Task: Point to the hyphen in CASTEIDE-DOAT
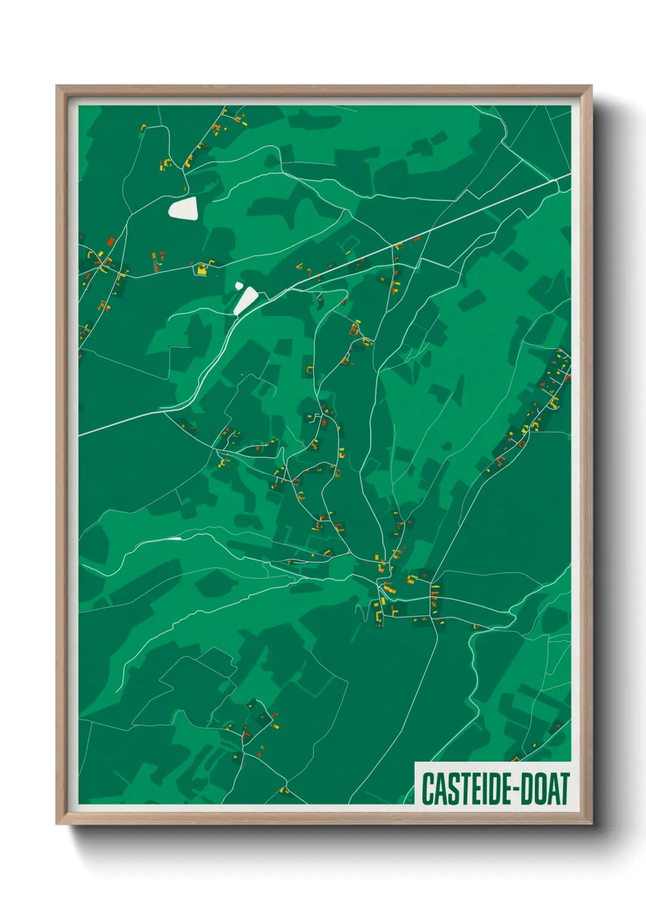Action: tap(518, 790)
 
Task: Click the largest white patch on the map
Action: tap(183, 209)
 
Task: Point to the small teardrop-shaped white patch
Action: tap(239, 285)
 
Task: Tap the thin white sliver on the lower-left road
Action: tap(175, 539)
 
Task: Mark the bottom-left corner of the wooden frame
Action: tap(57, 823)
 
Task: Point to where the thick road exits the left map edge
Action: tap(80, 434)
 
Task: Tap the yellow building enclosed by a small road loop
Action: tap(201, 268)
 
